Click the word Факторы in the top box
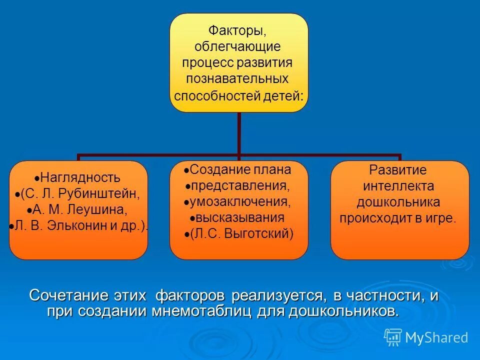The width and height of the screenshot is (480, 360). coord(237,31)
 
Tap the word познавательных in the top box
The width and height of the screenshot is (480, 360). coord(237,78)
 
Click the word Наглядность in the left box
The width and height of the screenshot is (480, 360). coord(80,177)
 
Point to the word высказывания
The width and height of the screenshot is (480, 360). coord(240,217)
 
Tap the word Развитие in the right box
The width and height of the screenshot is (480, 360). coord(398,170)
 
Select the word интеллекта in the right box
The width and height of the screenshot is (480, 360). coord(398,186)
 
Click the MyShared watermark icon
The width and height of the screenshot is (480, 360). coord(393,337)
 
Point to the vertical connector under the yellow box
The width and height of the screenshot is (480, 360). coord(239,132)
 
